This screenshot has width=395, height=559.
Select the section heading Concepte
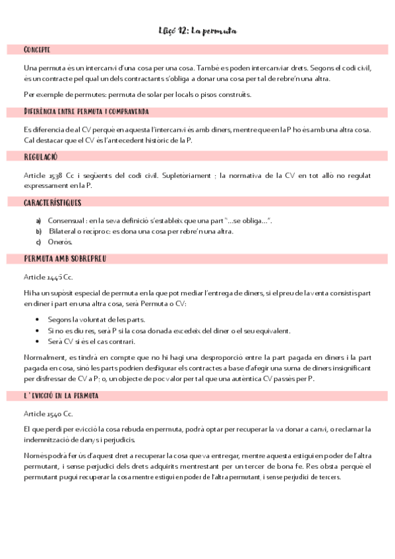click(37, 50)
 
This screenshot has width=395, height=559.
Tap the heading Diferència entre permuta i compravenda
click(86, 112)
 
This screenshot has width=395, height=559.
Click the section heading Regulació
click(41, 157)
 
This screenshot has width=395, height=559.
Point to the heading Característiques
click(53, 202)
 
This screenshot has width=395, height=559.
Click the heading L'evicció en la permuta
click(61, 396)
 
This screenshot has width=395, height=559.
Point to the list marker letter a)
click(39, 220)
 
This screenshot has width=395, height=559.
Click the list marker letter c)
click(39, 243)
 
